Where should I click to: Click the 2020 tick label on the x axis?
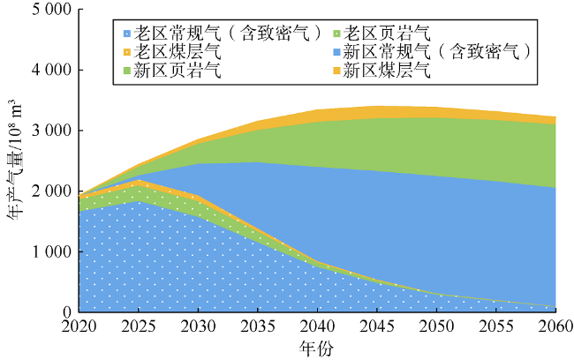point(79,326)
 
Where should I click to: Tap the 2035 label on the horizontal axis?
point(258,326)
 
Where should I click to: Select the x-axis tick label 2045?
point(377,326)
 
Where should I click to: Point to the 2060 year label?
point(555,326)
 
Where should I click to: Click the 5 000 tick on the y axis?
point(51,9)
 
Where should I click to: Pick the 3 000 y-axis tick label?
point(51,131)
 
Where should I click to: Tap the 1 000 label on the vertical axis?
point(51,251)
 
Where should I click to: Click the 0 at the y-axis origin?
point(67,312)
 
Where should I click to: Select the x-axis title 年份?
point(316,348)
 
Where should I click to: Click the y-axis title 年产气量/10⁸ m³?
point(15,161)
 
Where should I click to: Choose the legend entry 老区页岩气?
point(381,34)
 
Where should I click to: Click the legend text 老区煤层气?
point(173,51)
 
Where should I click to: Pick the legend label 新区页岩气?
point(173,70)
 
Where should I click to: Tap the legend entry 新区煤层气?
point(381,70)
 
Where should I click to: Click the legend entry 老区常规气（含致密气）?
point(223,34)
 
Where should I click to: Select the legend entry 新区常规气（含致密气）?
point(432,51)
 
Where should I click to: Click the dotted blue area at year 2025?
point(139,256)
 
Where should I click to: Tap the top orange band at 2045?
point(377,112)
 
